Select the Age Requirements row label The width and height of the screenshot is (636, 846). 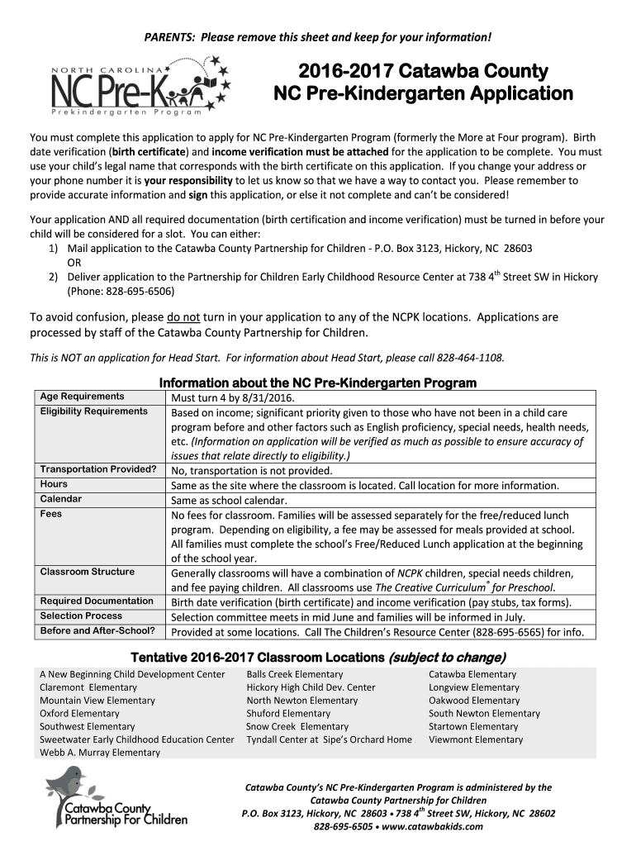(83, 397)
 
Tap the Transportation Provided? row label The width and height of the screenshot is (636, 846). (98, 469)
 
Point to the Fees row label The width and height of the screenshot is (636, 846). (51, 514)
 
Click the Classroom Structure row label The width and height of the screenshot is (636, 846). (88, 572)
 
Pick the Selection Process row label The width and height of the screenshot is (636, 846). (81, 616)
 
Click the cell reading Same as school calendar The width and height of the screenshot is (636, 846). (229, 501)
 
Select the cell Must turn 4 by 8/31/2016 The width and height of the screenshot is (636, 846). (232, 397)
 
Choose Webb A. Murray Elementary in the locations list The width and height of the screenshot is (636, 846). (100, 753)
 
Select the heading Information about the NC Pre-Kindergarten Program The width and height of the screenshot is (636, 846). (317, 383)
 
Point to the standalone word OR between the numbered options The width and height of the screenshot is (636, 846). (74, 263)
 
